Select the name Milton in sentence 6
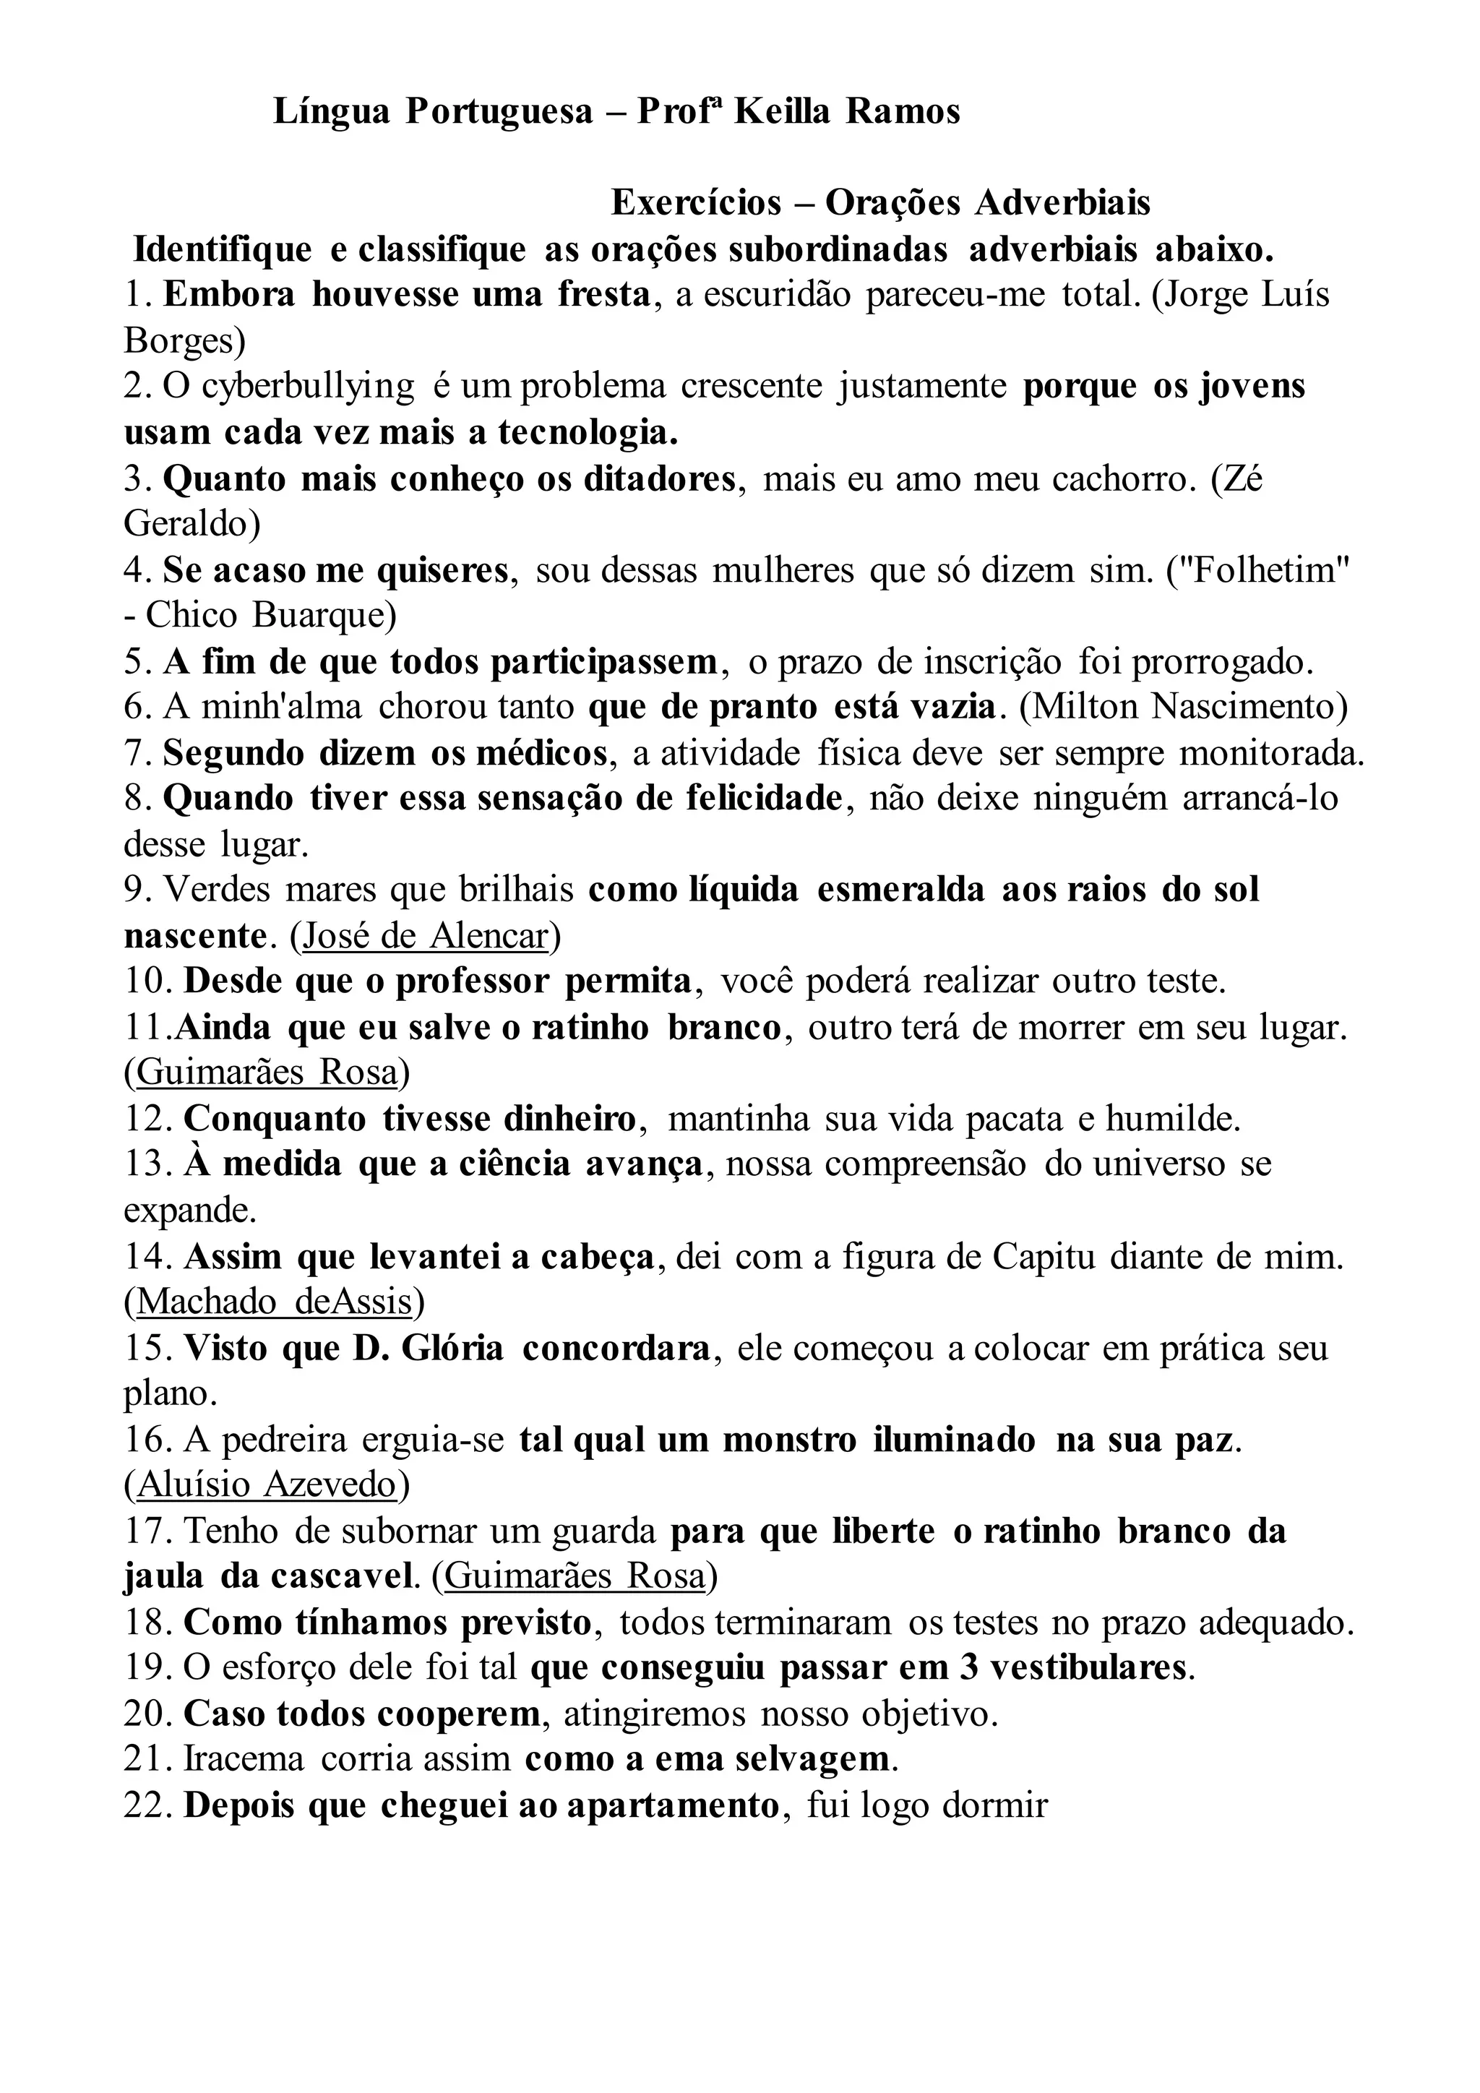[1081, 708]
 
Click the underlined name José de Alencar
[426, 936]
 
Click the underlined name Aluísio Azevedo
[266, 1486]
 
